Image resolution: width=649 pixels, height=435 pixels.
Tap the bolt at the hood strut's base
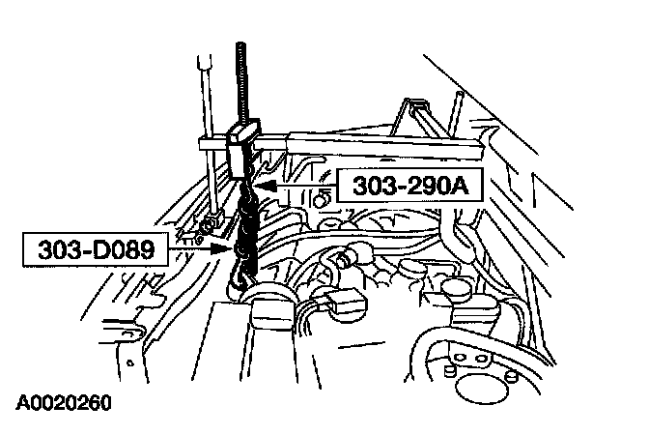tap(205, 230)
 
